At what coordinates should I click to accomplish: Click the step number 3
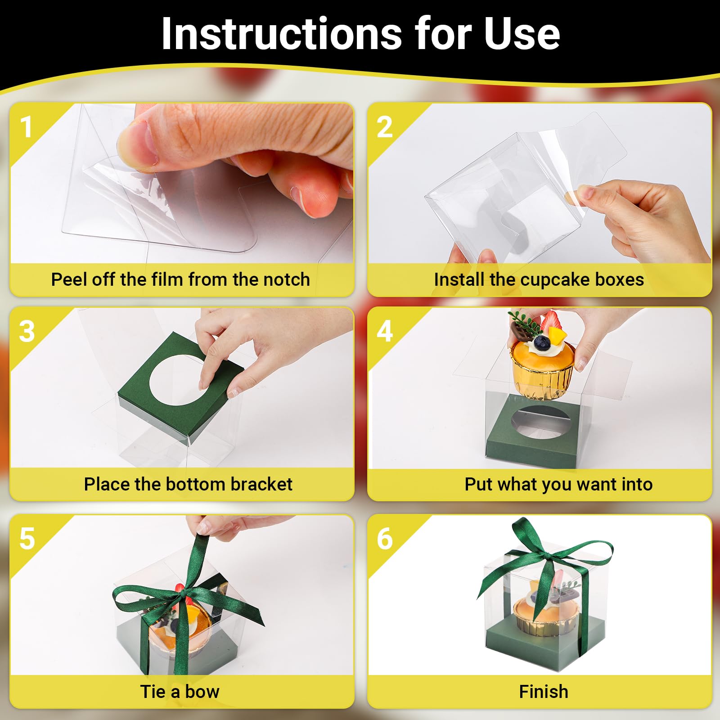tap(27, 332)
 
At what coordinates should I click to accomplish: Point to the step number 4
tap(385, 332)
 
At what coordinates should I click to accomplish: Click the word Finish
tap(544, 692)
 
